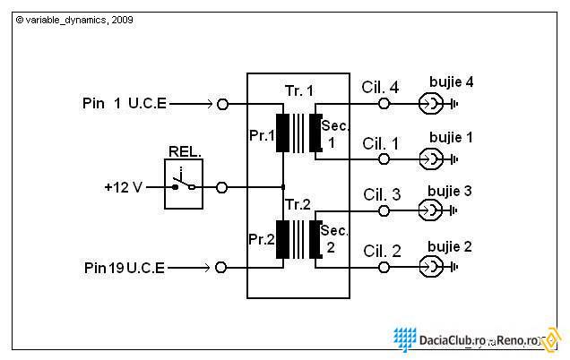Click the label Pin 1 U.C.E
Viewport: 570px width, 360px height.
123,104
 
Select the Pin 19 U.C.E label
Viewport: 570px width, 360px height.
124,268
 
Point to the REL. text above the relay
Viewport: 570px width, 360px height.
184,152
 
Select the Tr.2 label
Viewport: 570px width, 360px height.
298,205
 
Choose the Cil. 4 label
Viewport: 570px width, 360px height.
381,87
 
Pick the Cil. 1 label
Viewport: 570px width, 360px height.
381,143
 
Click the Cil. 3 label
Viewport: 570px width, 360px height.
381,195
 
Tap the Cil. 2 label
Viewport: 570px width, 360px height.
381,251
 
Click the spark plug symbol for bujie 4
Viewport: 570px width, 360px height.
432,104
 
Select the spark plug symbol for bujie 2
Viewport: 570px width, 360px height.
432,267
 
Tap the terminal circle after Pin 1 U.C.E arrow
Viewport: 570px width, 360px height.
222,104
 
